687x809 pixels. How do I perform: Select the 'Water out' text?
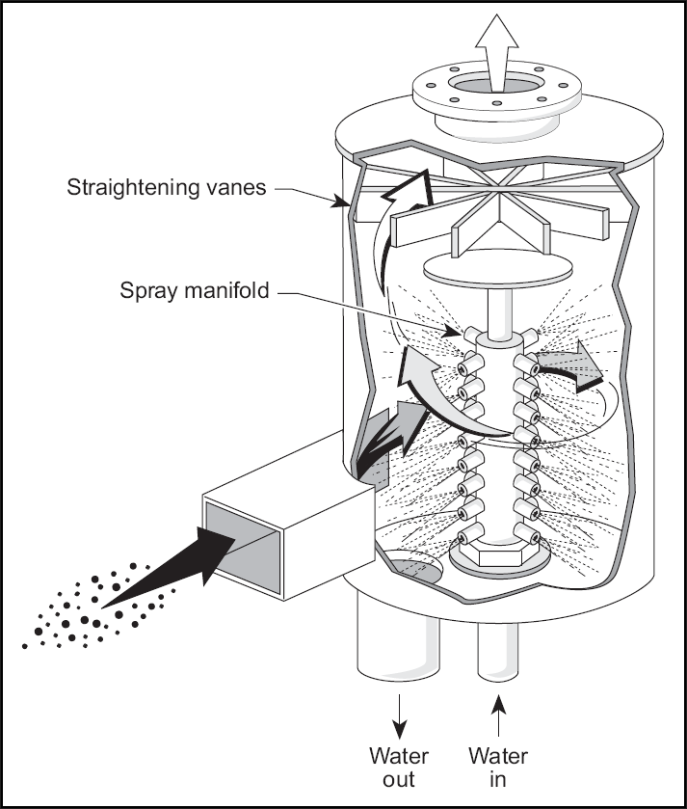(398, 768)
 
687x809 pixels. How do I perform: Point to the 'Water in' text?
(498, 768)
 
